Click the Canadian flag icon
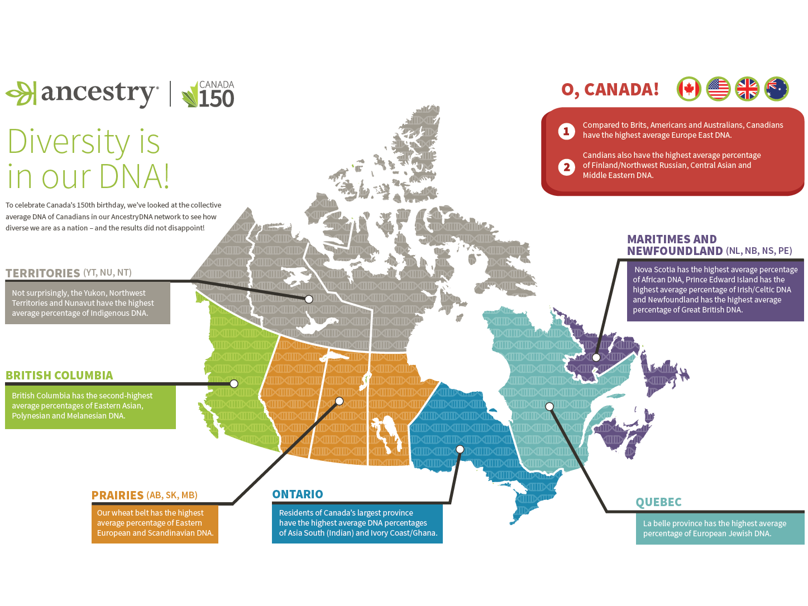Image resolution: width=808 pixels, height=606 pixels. pos(689,89)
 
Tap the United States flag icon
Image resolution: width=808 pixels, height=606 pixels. pos(718,89)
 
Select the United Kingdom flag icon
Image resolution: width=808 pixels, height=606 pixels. pos(747,89)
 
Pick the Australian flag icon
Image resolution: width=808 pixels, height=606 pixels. pos(776,89)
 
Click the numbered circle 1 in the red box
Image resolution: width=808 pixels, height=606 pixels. pos(566,131)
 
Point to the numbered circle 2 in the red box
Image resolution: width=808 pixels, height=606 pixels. pos(566,167)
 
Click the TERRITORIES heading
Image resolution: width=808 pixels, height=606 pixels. pos(43,273)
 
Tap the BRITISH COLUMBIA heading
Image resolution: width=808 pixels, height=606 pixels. pos(59,376)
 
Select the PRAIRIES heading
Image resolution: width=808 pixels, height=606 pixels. pos(117,496)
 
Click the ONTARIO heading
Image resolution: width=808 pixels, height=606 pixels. pos(298,494)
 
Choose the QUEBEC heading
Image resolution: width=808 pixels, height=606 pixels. pos(659,502)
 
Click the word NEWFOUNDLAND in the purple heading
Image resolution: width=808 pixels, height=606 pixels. pos(675,251)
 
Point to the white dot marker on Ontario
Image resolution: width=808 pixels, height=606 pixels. pos(460,449)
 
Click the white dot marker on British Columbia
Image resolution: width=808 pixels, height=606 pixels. pos(234,384)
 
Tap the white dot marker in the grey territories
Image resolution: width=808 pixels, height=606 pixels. pos(309,299)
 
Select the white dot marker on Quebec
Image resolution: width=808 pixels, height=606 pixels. pos(549,406)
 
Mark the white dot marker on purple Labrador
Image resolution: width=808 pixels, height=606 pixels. pos(596,357)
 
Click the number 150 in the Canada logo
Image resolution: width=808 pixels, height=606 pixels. pos(216,99)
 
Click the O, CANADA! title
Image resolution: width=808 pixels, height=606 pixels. pos(610,89)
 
